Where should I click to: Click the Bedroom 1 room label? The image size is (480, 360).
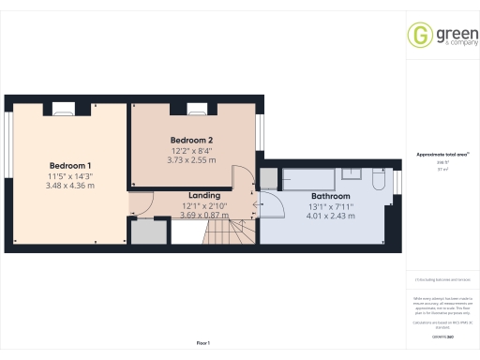click(70, 165)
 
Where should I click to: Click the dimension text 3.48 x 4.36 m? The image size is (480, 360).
click(70, 186)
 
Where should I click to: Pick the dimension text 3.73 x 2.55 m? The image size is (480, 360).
click(191, 160)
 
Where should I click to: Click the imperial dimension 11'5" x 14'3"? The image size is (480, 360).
click(70, 175)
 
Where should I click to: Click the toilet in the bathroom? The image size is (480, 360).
click(376, 179)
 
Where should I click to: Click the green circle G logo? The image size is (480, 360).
click(420, 35)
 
